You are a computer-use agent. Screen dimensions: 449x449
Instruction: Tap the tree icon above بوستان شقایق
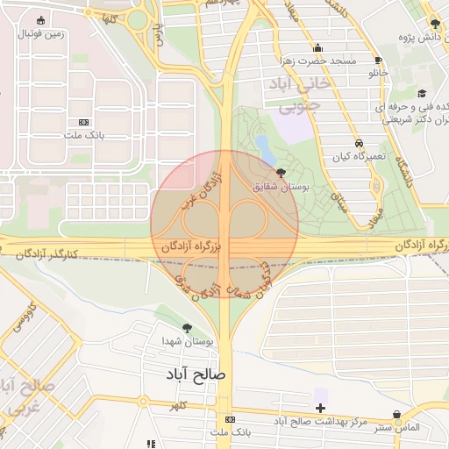280,173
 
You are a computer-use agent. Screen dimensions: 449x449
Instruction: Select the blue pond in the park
263,145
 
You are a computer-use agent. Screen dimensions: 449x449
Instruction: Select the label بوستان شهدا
182,340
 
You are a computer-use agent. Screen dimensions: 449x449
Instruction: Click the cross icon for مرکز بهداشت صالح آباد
321,408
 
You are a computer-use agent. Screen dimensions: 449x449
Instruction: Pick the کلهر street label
179,405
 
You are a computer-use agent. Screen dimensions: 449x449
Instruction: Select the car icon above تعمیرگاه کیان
359,143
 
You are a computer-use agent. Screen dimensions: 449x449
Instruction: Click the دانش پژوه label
421,37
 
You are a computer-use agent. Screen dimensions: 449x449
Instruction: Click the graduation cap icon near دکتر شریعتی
422,93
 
